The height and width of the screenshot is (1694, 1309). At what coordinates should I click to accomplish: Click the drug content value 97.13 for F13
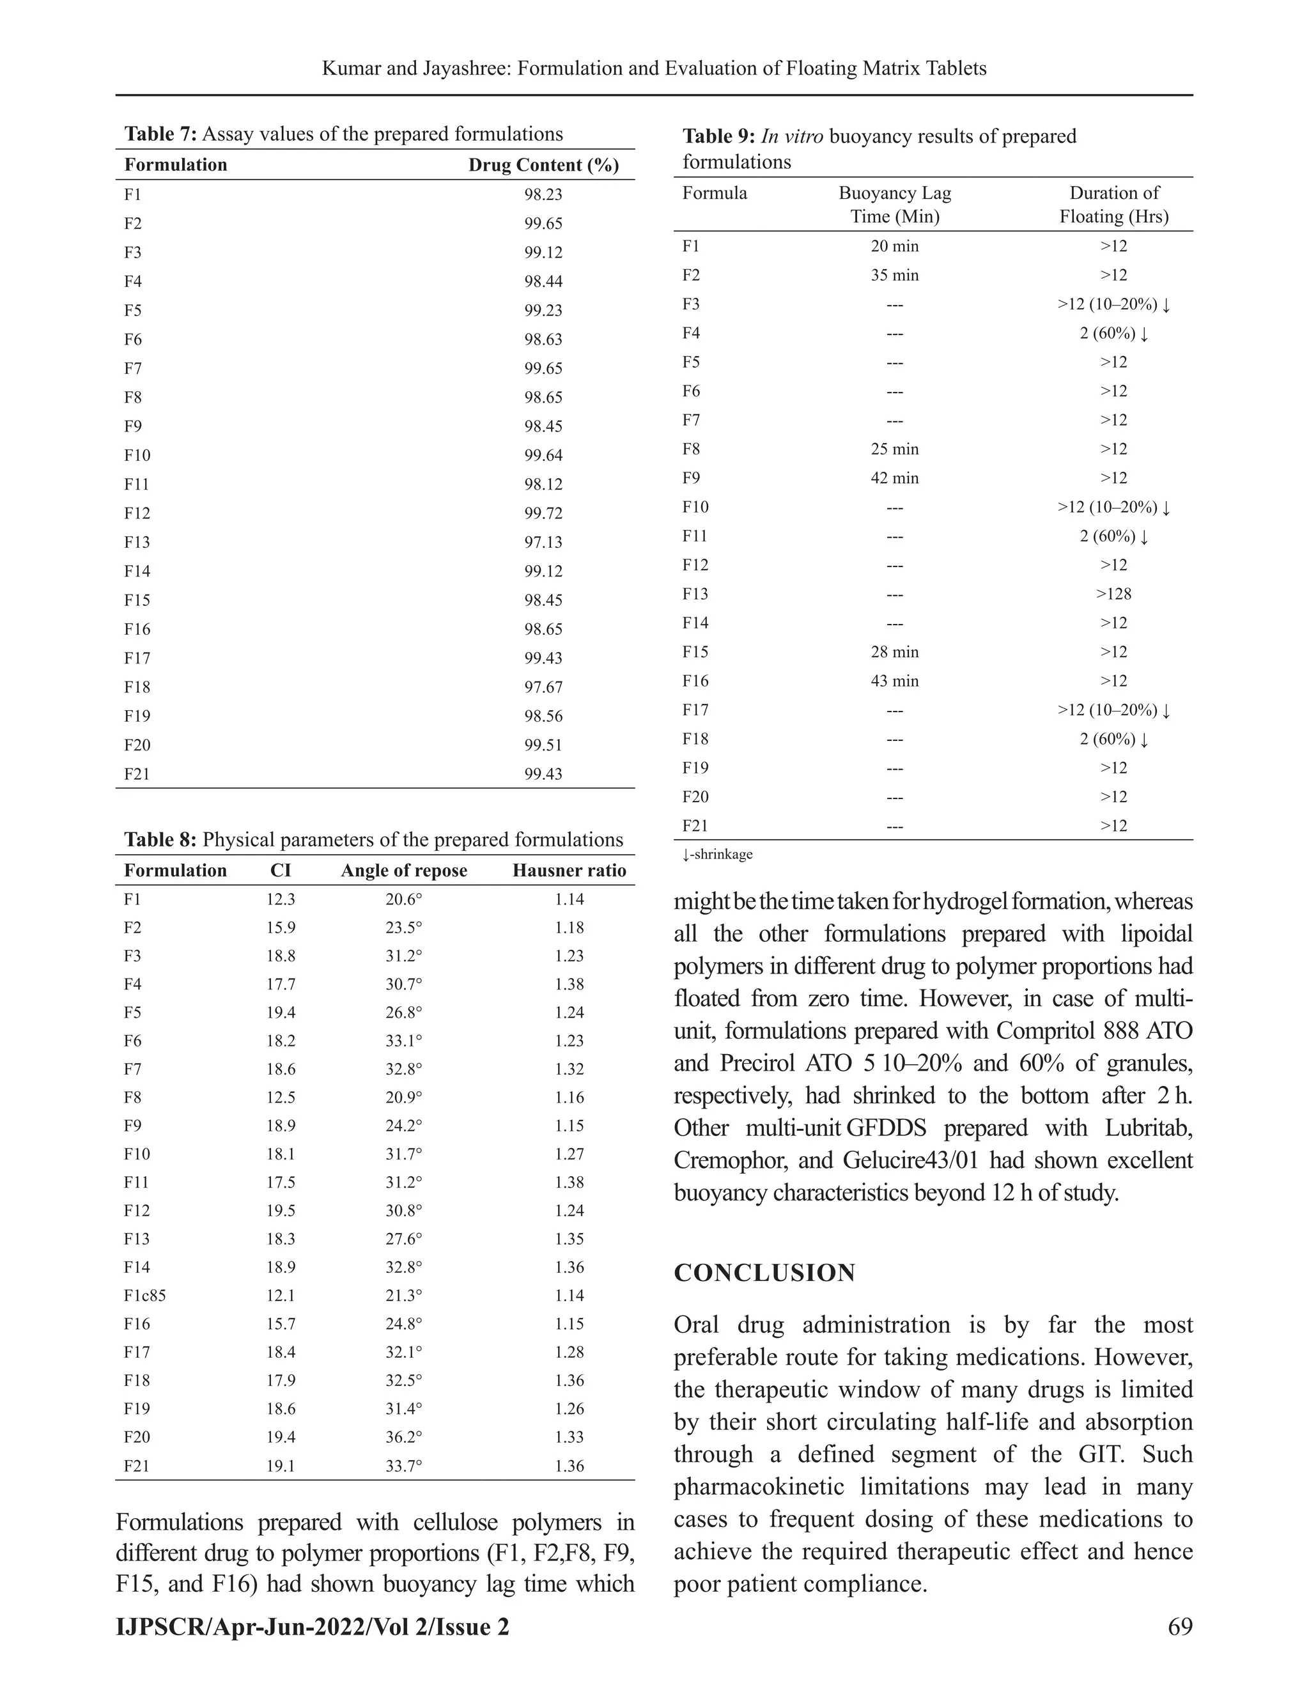click(543, 542)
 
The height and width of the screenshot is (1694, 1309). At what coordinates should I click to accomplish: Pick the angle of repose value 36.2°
click(404, 1437)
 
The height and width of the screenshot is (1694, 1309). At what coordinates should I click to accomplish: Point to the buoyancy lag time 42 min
click(894, 478)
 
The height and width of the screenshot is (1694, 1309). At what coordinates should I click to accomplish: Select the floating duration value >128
click(1113, 594)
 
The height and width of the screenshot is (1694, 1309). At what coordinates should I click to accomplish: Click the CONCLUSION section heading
click(764, 1273)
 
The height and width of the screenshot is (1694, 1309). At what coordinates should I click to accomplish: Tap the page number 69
click(1179, 1626)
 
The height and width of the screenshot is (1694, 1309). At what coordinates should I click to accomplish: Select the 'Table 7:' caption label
click(161, 134)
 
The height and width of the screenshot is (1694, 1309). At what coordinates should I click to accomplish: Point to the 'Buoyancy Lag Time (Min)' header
click(894, 205)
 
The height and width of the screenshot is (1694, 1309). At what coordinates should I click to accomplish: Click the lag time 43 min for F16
click(894, 681)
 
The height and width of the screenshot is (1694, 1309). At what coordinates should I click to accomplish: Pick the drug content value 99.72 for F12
click(543, 513)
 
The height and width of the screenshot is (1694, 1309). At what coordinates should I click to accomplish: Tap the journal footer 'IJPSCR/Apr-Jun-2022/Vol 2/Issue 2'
click(313, 1626)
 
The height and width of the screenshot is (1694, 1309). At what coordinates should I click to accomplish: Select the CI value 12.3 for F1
click(281, 900)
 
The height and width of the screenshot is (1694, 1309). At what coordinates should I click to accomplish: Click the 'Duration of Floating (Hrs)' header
click(1113, 205)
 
